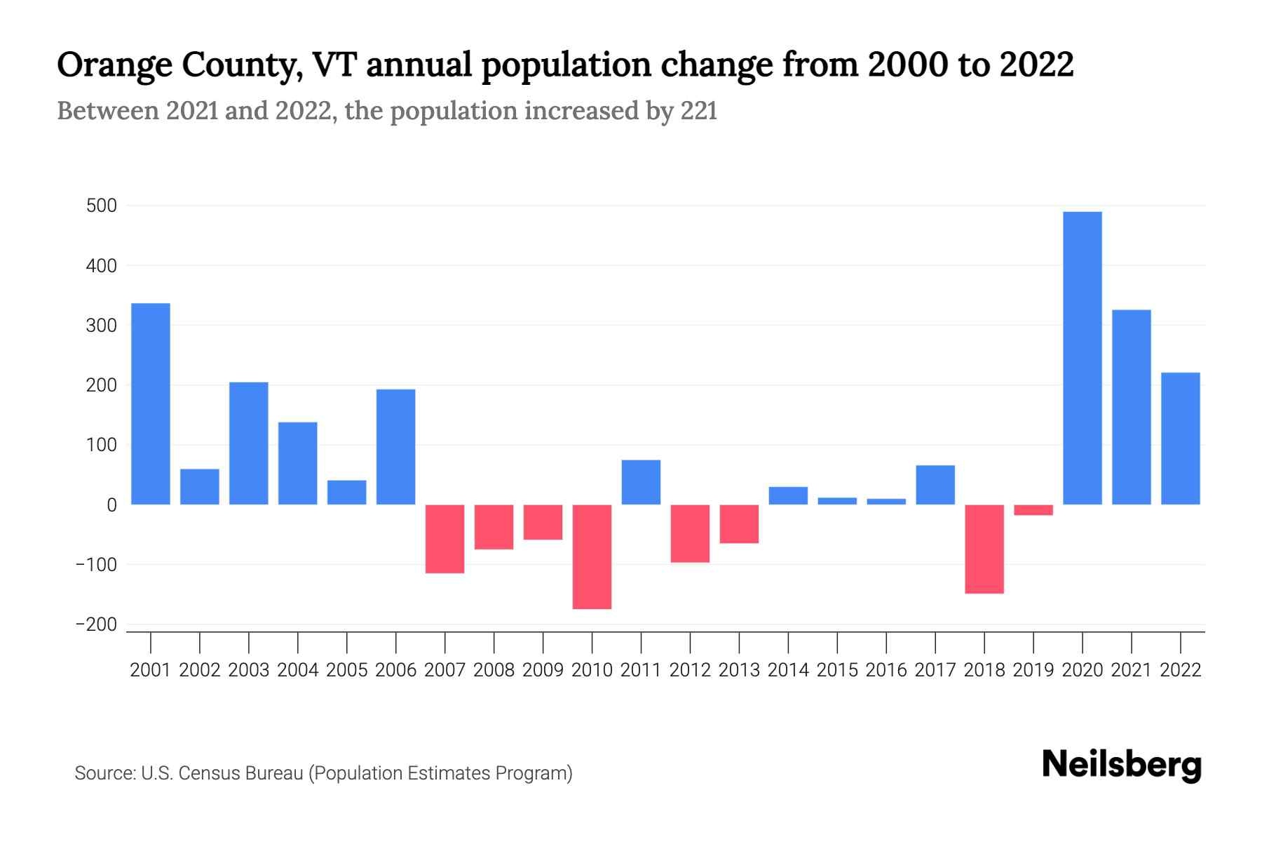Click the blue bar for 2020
[1082, 358]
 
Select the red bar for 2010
[592, 556]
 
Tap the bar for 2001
[151, 403]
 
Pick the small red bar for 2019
[1033, 510]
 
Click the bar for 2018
[984, 549]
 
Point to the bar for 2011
[641, 482]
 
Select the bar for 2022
[1180, 439]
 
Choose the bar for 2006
[395, 447]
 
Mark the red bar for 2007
[445, 539]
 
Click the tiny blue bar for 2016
[886, 502]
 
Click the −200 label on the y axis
[96, 624]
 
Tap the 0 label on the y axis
[111, 505]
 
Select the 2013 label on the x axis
[739, 670]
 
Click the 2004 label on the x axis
[297, 670]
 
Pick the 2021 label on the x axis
[1131, 670]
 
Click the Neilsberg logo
[1121, 765]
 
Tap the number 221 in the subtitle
[698, 111]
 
